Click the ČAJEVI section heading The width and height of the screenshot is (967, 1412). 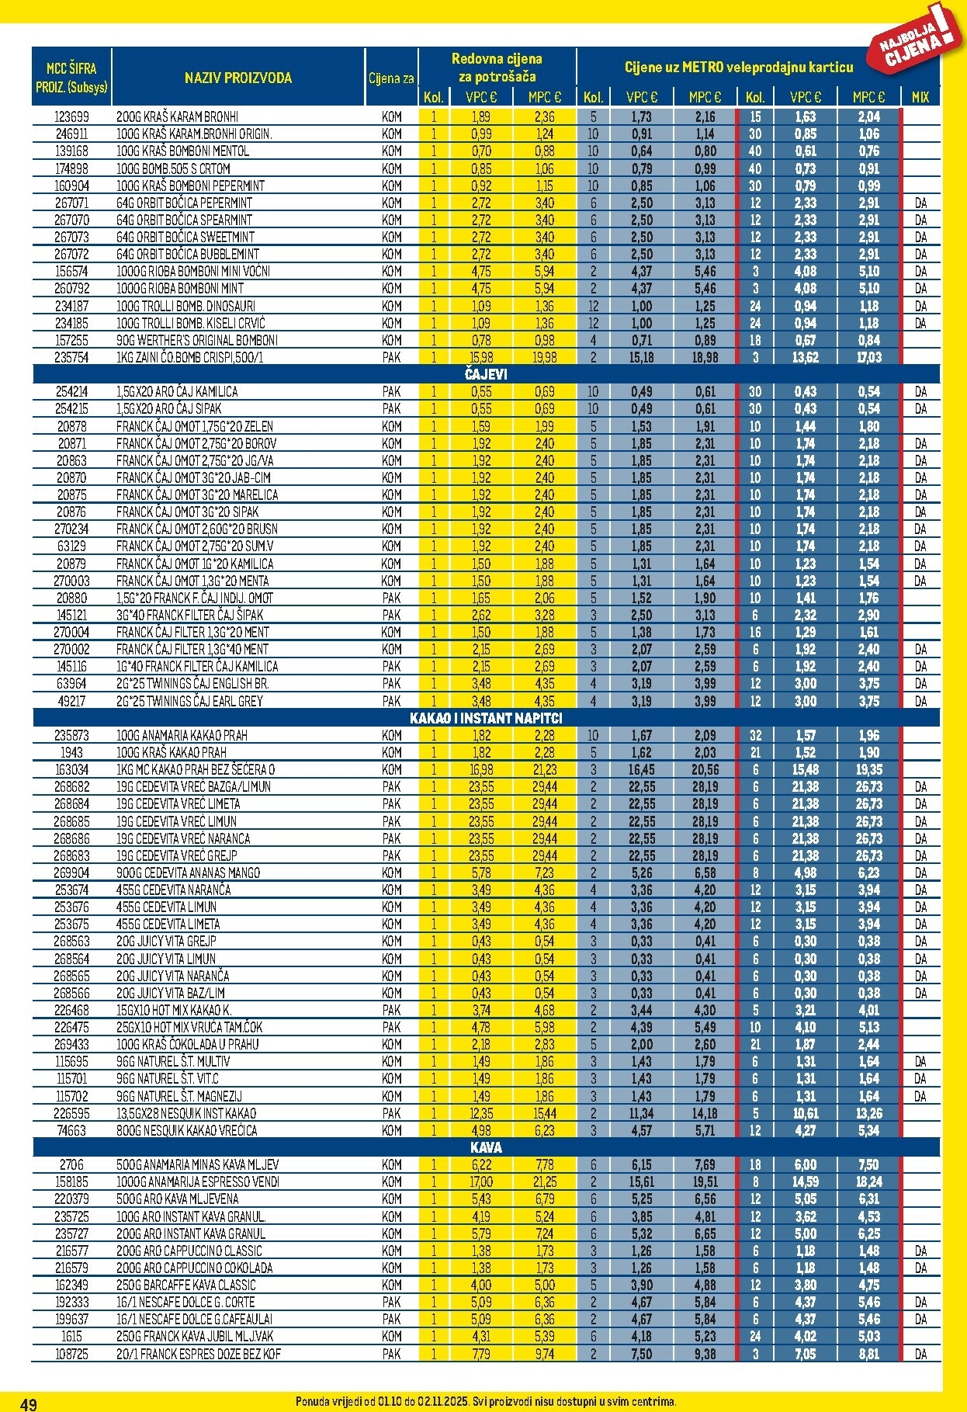point(486,374)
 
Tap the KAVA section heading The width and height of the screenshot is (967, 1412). point(486,1147)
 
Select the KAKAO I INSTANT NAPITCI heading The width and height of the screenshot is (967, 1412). point(486,718)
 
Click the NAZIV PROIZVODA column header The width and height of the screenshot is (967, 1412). point(238,78)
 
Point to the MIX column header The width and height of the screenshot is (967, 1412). point(920,97)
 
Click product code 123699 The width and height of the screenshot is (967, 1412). point(71,116)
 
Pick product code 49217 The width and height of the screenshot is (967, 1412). point(71,701)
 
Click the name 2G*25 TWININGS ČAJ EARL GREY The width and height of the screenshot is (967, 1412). point(189,701)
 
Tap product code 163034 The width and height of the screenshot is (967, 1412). point(71,769)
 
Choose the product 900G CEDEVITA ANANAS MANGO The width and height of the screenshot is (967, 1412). point(188,873)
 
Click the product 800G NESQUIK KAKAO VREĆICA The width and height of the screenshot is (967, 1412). point(186,1130)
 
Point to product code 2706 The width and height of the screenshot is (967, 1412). point(71,1164)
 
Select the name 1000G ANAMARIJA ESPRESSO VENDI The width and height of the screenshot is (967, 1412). point(197,1181)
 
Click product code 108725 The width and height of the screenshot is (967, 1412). point(71,1354)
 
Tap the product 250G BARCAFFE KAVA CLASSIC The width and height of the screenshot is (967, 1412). point(186,1285)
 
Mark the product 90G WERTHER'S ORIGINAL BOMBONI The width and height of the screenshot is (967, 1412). point(196,340)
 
